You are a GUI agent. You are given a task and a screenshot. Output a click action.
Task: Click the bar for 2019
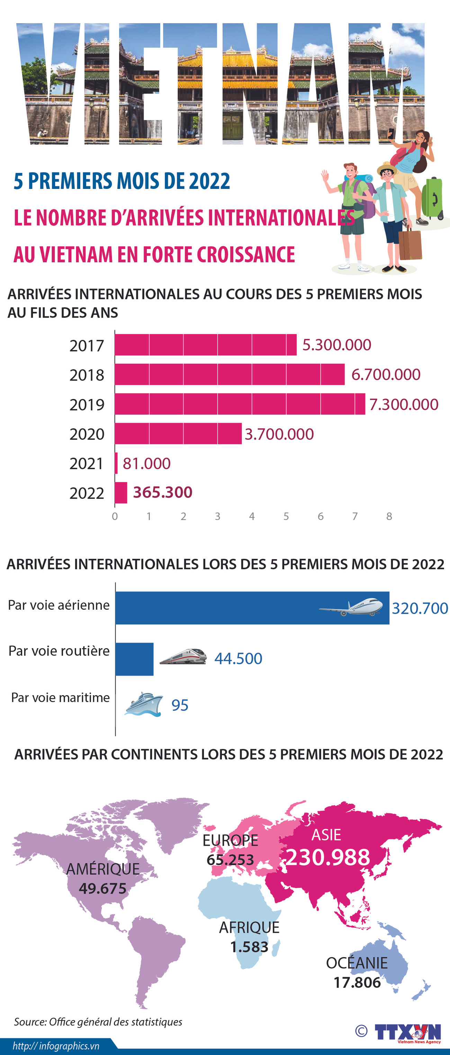[x=240, y=404]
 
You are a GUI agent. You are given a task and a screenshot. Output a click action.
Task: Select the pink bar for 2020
[x=178, y=433]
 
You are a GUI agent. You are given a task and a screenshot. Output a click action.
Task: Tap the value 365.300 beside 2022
[x=163, y=492]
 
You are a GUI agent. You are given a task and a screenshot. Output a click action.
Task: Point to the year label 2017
[x=87, y=346]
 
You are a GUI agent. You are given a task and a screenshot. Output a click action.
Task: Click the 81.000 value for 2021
[x=146, y=463]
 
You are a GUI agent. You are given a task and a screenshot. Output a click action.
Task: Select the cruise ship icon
[x=143, y=704]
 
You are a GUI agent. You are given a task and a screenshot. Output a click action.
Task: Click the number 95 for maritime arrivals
[x=180, y=705]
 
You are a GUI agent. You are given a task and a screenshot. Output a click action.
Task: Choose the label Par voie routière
[x=59, y=651]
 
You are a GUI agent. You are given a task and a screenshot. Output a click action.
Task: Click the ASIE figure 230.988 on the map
[x=327, y=857]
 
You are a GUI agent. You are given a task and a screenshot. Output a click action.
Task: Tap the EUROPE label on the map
[x=230, y=840]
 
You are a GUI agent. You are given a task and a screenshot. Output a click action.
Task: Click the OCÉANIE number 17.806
[x=357, y=982]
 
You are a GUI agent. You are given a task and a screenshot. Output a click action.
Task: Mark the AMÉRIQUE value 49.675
[x=102, y=888]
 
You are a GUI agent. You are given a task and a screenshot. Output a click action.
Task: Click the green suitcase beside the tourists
[x=432, y=199]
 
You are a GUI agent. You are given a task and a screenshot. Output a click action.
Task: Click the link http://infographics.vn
[x=56, y=1046]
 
